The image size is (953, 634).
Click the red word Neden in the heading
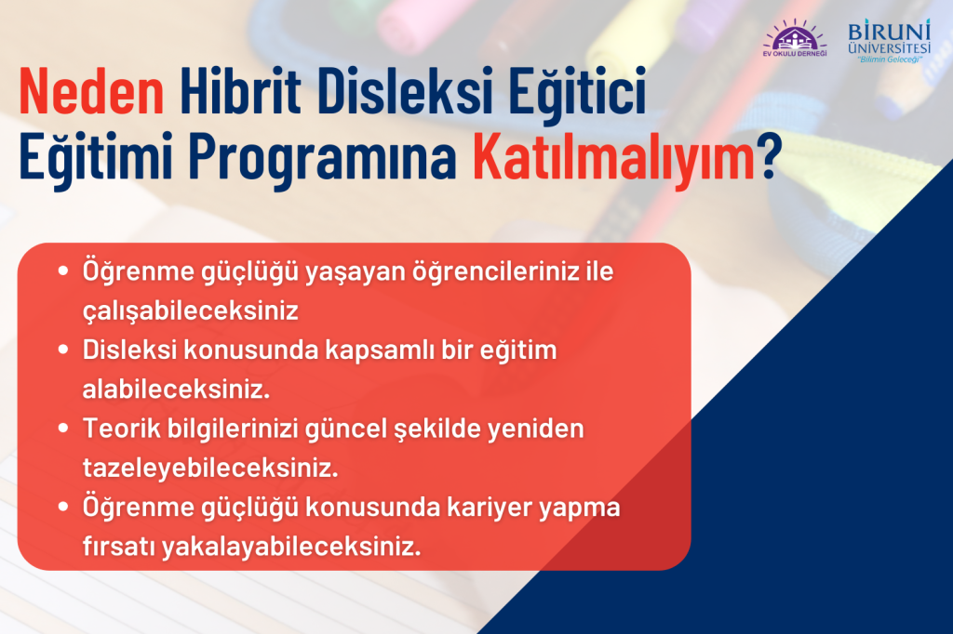coord(92,91)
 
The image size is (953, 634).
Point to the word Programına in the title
coord(323,157)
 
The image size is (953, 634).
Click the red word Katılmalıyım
coord(613,156)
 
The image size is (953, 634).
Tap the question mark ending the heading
coord(768,155)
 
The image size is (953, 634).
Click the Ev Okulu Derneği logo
coord(795,38)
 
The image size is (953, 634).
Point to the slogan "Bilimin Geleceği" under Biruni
coord(889,59)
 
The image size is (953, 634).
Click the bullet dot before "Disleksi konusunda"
coord(63,350)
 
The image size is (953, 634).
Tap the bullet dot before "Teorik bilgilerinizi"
coord(63,429)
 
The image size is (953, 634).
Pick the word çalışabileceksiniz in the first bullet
coord(190,310)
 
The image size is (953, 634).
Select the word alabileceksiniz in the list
coord(176,389)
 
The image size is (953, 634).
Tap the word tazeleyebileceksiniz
coord(210,469)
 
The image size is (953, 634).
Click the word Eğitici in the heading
coord(577,92)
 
